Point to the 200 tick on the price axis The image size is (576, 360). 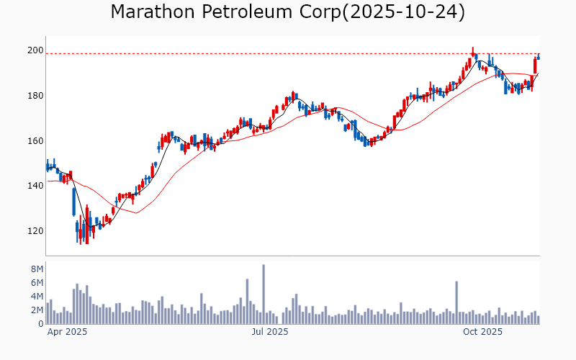pos(35,50)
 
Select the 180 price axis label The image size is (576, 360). pos(35,96)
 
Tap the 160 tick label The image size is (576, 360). pos(35,141)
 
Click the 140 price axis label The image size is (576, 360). pos(35,186)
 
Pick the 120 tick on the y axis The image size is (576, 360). pos(35,231)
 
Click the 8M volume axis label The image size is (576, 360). pos(37,269)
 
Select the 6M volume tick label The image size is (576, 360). pos(37,283)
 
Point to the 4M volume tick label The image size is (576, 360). pos(37,297)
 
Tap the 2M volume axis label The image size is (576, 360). pos(37,310)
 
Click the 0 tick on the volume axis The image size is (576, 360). pos(41,324)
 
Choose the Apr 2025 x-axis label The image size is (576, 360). pos(67,333)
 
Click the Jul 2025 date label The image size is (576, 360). pos(270,333)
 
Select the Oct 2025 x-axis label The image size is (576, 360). pos(482,333)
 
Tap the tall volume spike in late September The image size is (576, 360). pos(456,302)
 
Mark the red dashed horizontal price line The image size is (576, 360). pos(288,54)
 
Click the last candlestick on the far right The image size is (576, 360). pos(538,57)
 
